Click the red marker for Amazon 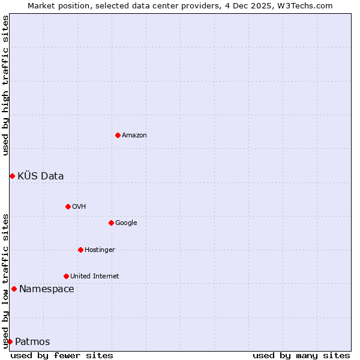[x=118, y=135]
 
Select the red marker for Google [x=111, y=223]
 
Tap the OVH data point [x=68, y=206]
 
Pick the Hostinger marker [x=80, y=250]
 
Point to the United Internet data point [x=66, y=276]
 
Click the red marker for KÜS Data [x=12, y=176]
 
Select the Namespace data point [x=14, y=289]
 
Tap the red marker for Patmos [x=10, y=341]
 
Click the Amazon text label [x=134, y=136]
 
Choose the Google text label [x=126, y=223]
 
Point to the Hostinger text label [x=100, y=250]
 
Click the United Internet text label [x=95, y=277]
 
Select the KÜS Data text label [x=41, y=176]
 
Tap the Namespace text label [x=47, y=289]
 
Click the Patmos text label [x=32, y=342]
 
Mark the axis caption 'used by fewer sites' [x=62, y=355]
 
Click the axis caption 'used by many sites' [x=301, y=355]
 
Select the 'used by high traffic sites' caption [x=6, y=86]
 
